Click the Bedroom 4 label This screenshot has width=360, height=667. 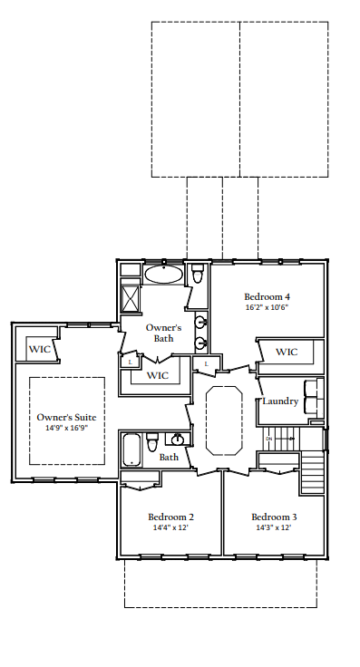click(268, 296)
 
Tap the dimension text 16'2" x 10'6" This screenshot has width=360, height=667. click(268, 308)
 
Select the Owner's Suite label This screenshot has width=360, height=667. click(66, 417)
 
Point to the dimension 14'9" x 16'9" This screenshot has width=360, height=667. click(66, 429)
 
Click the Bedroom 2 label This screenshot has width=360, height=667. click(170, 517)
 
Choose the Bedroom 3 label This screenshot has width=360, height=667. click(273, 517)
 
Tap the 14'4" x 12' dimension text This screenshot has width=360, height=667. click(170, 528)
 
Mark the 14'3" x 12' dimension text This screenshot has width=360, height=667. click(273, 528)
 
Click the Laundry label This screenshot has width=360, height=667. click(280, 401)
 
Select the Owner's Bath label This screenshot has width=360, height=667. click(164, 333)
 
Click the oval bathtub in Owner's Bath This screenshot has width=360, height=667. click(164, 275)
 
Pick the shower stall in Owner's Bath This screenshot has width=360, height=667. click(131, 298)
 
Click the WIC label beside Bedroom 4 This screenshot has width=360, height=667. click(287, 352)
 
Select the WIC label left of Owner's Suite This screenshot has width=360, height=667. click(39, 349)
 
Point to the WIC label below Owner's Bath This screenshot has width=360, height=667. click(158, 375)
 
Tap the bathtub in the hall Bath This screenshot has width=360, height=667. click(132, 449)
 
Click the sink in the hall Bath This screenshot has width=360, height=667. click(178, 440)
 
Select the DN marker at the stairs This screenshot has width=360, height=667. click(268, 440)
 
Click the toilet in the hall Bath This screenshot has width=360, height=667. click(152, 441)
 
